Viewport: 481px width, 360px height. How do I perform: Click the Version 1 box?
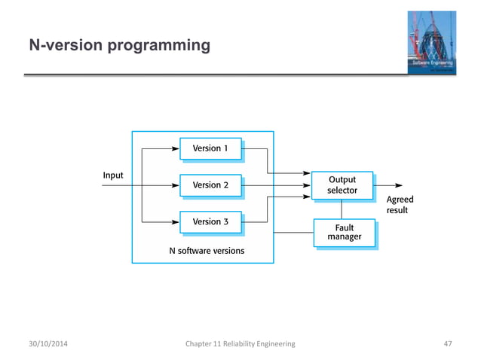pos(210,148)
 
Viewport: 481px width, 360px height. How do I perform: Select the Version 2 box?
pos(210,185)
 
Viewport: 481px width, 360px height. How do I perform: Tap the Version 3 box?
pos(210,221)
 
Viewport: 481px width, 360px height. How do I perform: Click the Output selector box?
pos(342,185)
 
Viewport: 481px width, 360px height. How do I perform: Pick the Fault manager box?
pos(344,232)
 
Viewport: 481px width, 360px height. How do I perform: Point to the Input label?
pos(113,175)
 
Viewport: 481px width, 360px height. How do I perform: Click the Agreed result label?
pos(400,205)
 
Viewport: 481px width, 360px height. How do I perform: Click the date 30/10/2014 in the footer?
pos(47,343)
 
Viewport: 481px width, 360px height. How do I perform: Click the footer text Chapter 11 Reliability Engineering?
pos(240,343)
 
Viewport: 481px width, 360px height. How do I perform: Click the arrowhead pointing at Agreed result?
pos(398,185)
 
